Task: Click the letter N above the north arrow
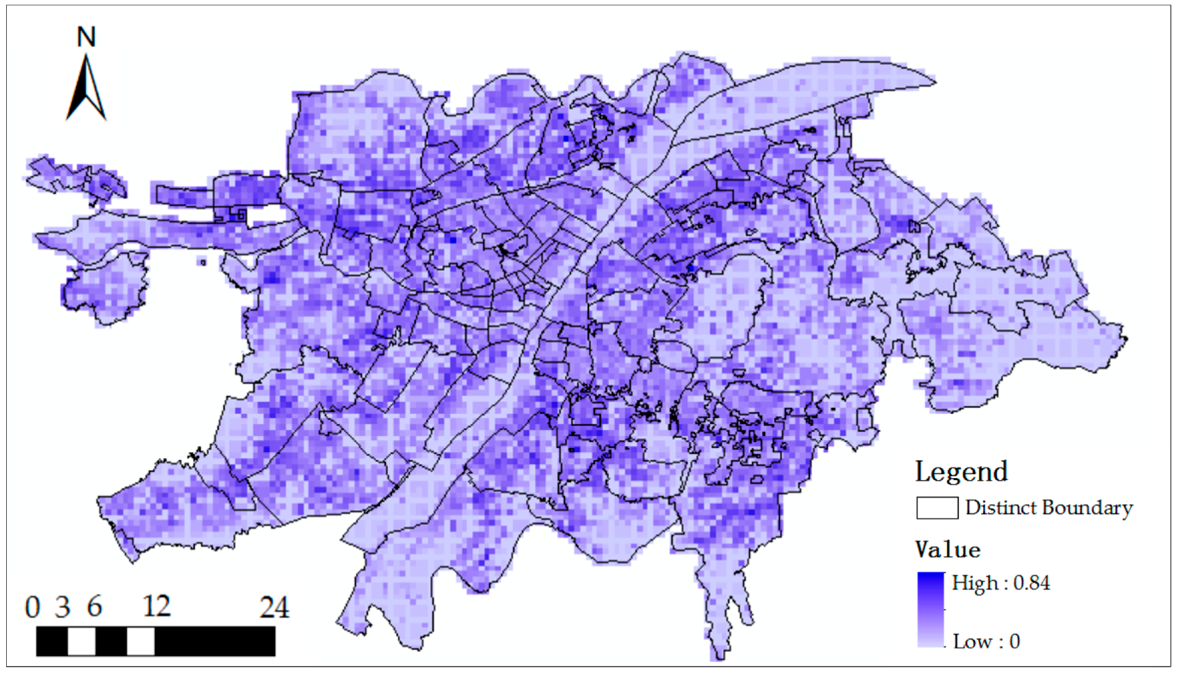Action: click(x=86, y=37)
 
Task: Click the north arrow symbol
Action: click(x=86, y=88)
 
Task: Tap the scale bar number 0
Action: click(x=32, y=607)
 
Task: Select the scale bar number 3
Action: click(x=62, y=607)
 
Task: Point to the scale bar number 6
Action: click(x=94, y=607)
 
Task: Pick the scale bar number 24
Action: click(x=274, y=607)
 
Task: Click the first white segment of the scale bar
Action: click(x=81, y=642)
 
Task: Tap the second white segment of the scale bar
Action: click(x=141, y=642)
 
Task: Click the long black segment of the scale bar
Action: click(x=215, y=642)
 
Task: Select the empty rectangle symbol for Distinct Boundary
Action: click(x=937, y=508)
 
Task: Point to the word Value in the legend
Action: click(x=948, y=550)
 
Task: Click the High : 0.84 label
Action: click(x=1000, y=583)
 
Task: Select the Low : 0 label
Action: click(x=987, y=642)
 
